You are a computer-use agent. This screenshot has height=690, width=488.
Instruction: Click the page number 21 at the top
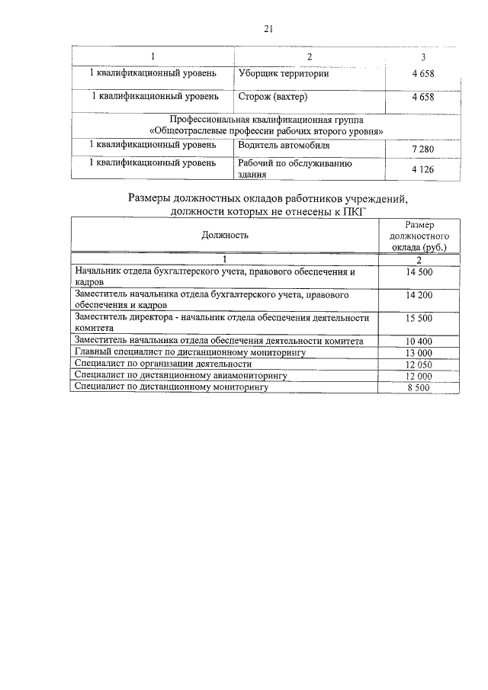[268, 29]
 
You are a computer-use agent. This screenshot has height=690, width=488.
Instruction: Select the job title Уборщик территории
[278, 73]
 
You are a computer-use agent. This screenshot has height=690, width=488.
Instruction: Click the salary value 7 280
[422, 149]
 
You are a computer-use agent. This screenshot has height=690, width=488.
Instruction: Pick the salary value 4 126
[422, 169]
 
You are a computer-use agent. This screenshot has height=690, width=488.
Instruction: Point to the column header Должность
[225, 236]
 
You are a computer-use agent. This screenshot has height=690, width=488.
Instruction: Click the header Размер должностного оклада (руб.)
[419, 236]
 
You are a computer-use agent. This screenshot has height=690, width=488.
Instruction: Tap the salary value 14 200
[419, 294]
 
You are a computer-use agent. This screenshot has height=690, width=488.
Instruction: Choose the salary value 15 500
[419, 318]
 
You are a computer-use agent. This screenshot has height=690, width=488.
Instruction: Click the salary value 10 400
[419, 341]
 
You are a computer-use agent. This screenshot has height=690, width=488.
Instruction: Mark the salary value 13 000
[419, 353]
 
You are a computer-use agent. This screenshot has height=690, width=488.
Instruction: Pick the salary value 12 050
[419, 364]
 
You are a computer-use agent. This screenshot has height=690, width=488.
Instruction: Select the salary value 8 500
[419, 388]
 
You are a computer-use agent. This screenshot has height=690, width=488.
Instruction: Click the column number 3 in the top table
[423, 57]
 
